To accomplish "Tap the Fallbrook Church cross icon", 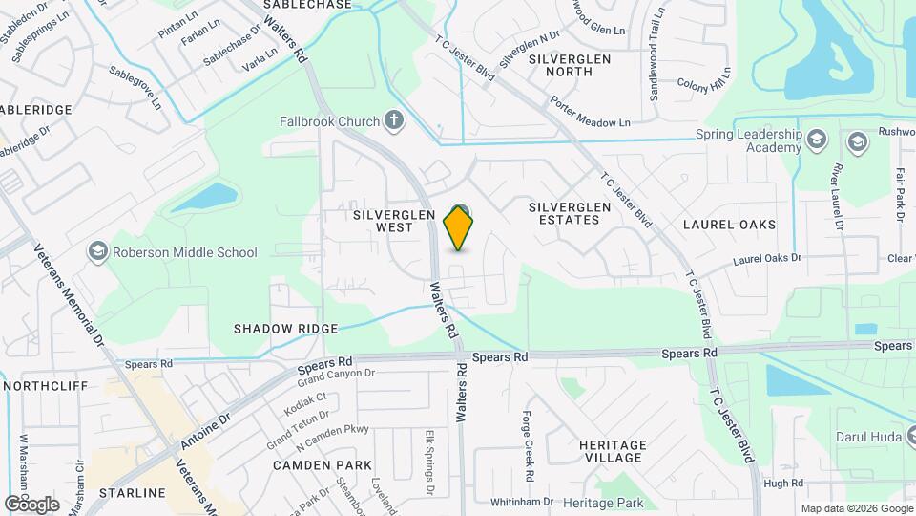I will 394,120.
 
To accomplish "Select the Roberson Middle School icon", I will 97,252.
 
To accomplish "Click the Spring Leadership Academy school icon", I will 816,140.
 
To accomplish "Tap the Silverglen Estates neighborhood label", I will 564,212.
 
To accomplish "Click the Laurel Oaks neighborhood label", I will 729,225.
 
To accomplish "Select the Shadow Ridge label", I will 286,329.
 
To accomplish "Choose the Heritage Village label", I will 613,452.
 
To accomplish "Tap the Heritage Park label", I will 603,503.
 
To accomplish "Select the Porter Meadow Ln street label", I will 590,112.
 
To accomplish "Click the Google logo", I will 31,504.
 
